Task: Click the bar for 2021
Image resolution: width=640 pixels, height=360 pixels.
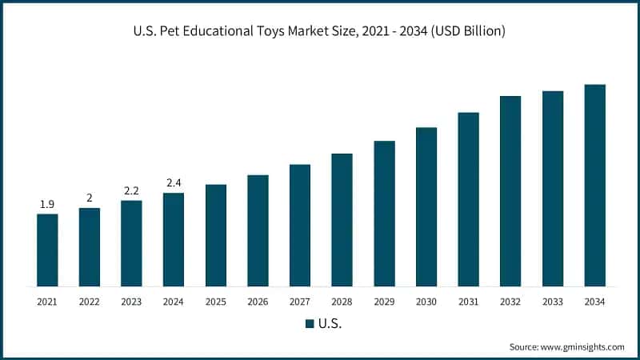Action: coord(47,250)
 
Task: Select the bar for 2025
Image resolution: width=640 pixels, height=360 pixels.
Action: coord(215,235)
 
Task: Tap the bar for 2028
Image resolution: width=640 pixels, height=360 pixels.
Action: coord(342,219)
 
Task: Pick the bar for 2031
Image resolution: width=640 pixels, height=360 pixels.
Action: coord(468,199)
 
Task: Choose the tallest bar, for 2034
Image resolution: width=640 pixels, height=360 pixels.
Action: coord(594,185)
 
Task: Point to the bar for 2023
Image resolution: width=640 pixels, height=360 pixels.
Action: coord(131,243)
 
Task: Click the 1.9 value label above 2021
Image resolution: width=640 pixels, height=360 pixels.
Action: coord(47,205)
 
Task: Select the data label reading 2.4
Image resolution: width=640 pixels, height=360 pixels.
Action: coord(174,183)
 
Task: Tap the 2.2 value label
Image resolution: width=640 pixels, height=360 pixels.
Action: coord(131,191)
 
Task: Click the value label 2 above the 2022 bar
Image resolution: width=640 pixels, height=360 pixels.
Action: coord(90,198)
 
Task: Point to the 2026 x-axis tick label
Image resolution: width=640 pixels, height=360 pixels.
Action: coord(258,302)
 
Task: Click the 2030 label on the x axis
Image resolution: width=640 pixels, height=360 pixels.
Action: coord(426,302)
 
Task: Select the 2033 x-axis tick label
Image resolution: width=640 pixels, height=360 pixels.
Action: coord(552,302)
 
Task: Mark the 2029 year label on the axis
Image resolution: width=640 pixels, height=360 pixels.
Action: coord(384,302)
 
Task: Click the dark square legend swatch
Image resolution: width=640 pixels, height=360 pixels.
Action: coord(309,324)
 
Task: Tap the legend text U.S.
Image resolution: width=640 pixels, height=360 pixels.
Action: coord(330,324)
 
